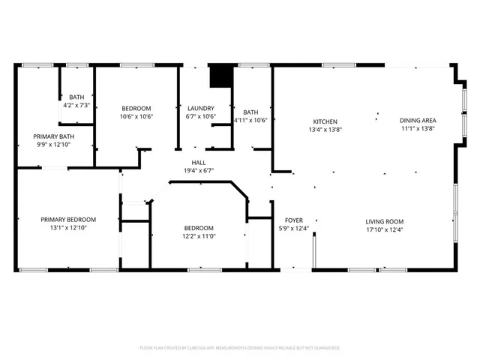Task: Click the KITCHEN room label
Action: [325, 121]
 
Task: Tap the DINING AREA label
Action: [418, 120]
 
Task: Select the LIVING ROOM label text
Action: [385, 220]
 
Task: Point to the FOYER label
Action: [293, 220]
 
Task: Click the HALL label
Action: [199, 162]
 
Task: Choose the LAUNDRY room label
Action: [201, 108]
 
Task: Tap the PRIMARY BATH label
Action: [53, 136]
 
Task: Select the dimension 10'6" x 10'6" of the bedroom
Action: [136, 116]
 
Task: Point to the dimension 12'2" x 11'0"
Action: [199, 236]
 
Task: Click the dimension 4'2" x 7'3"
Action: [76, 106]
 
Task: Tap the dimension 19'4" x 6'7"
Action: [199, 170]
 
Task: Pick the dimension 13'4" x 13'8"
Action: [325, 130]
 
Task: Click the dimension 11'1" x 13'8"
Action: [418, 128]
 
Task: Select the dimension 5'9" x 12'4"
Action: [293, 229]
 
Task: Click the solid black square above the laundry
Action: [220, 76]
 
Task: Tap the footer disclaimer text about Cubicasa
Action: [240, 348]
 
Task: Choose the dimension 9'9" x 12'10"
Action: [53, 145]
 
